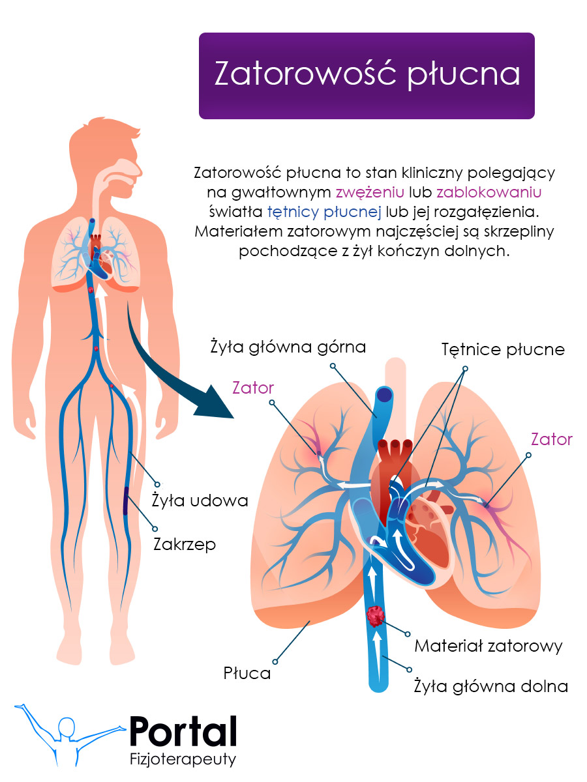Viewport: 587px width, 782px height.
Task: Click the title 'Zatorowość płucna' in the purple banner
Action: point(367,75)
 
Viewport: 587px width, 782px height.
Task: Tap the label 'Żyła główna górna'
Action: point(288,347)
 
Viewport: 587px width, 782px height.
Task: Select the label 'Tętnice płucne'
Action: point(502,349)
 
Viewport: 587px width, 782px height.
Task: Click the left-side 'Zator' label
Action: point(253,388)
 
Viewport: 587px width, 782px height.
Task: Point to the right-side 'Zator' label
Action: point(551,439)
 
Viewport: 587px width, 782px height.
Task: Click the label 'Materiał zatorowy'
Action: point(488,646)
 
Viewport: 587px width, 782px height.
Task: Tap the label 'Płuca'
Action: point(247,673)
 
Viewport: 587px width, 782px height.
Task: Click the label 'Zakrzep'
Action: point(184,544)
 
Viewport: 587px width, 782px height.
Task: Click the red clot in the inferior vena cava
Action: point(376,616)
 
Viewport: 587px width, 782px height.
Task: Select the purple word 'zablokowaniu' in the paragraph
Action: point(489,193)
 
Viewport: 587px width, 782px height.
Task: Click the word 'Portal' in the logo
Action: point(183,731)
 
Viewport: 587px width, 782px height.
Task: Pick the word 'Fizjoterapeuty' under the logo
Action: point(183,759)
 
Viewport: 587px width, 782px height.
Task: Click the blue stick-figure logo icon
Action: point(65,733)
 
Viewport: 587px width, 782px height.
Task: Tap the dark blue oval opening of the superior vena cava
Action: point(384,394)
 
